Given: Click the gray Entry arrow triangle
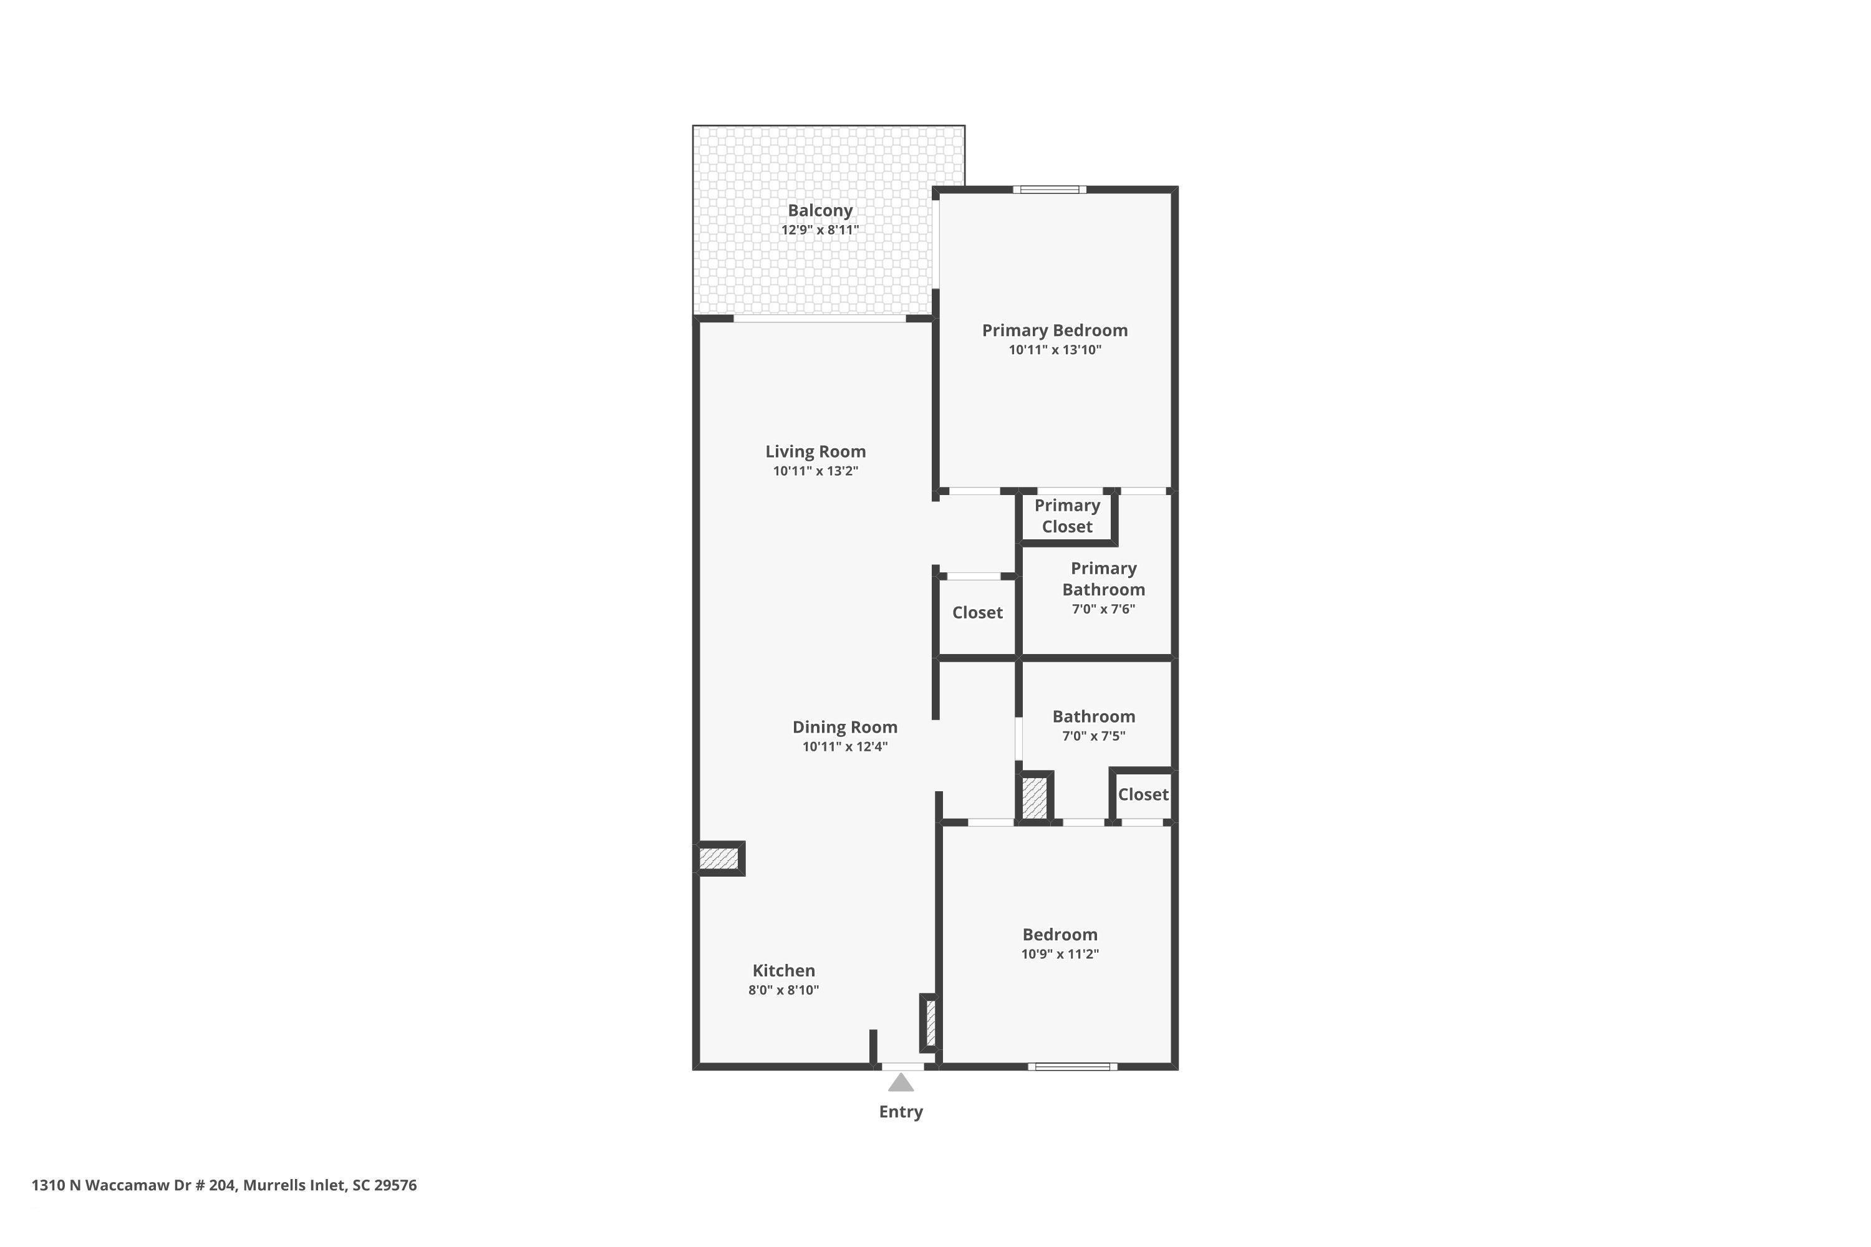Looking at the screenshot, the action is (x=901, y=1082).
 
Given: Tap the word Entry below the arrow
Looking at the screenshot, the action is (x=901, y=1112).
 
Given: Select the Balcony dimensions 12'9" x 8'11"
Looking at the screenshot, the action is (x=820, y=230).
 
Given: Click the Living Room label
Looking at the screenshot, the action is (x=815, y=451).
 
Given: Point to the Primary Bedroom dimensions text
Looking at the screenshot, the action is (x=1055, y=349).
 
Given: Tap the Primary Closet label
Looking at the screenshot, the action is (x=1068, y=516).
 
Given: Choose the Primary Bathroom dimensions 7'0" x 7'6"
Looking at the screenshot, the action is (x=1103, y=609).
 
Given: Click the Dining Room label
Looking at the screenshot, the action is (x=845, y=727).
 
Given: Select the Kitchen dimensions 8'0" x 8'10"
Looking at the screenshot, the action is (x=783, y=990).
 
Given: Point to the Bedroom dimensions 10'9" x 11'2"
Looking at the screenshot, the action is (x=1060, y=953).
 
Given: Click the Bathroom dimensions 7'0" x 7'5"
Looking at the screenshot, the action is (x=1094, y=736).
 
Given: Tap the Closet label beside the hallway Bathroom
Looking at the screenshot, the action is (x=1143, y=794).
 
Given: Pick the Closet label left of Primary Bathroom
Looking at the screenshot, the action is (x=978, y=612).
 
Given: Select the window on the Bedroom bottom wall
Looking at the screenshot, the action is (x=1072, y=1066).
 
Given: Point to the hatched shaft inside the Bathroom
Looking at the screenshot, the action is (x=1034, y=797).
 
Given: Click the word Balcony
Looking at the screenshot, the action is (x=820, y=211).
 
